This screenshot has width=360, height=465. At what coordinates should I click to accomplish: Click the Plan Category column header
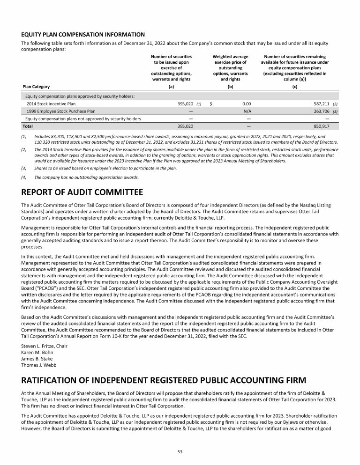tap(37, 87)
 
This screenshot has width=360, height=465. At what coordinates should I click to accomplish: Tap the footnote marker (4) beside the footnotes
tap(25, 177)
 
